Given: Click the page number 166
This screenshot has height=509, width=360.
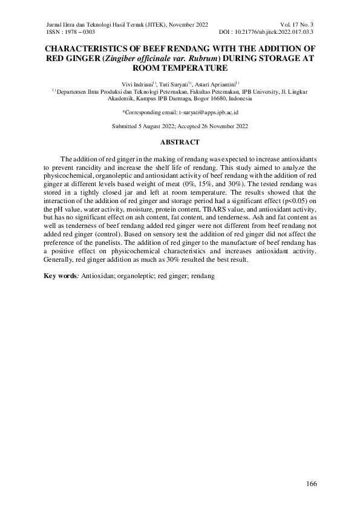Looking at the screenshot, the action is tap(312, 484).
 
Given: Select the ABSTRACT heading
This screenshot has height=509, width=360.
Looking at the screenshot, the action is tap(180, 142).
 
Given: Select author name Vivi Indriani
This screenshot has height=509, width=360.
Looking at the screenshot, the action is tap(136, 83).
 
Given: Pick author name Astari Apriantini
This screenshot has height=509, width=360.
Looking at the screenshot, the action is tap(216, 83).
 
